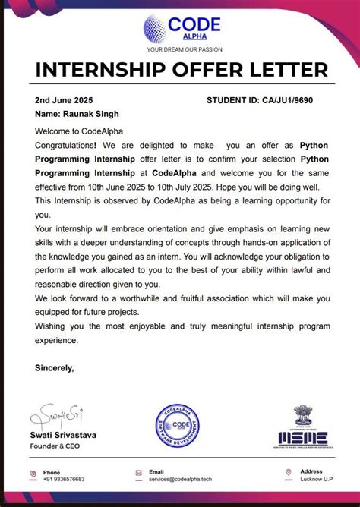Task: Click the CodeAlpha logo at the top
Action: (x=180, y=27)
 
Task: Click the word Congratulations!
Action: (x=66, y=145)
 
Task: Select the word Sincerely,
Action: (x=55, y=368)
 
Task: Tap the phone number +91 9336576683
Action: (x=64, y=480)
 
